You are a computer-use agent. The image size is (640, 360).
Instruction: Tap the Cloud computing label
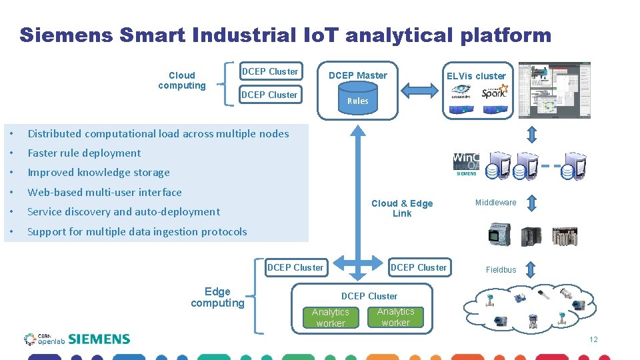[x=182, y=80]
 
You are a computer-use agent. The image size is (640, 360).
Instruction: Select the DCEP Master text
[x=358, y=75]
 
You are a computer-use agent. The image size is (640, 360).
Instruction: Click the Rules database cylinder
[x=357, y=99]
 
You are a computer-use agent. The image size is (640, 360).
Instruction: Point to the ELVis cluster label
[x=476, y=75]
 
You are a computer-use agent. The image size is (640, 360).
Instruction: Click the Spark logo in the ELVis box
[x=494, y=91]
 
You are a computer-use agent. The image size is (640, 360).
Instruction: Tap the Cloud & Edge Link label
[x=401, y=208]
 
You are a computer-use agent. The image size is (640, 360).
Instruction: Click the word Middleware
[x=495, y=202]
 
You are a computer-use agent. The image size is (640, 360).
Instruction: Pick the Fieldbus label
[x=501, y=270]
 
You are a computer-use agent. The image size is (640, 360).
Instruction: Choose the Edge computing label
[x=217, y=297]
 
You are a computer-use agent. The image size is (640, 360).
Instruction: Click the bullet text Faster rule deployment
[x=84, y=153]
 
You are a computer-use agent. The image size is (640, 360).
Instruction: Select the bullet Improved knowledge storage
[x=99, y=172]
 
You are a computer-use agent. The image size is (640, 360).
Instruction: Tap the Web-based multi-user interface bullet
[x=105, y=192]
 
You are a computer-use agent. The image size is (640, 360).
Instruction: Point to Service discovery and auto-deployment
[x=123, y=211]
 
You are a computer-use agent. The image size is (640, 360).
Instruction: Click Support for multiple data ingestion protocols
[x=137, y=231]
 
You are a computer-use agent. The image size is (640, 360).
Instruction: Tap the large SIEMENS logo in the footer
[x=99, y=339]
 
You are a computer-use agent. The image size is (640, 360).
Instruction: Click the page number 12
[x=593, y=340]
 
